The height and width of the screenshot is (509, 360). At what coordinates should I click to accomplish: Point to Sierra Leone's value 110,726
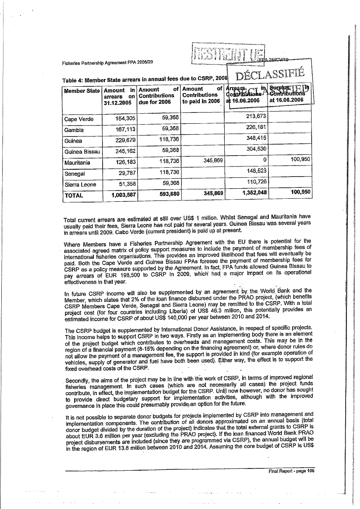(249, 181)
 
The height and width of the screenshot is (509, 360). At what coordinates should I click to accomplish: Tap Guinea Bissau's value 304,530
(249, 148)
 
